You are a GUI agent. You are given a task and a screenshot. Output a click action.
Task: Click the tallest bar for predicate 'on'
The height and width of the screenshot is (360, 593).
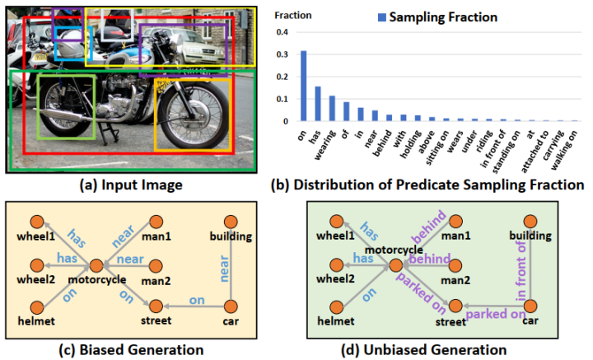click(303, 86)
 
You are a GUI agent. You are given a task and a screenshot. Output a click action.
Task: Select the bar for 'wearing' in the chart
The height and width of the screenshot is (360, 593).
click(332, 109)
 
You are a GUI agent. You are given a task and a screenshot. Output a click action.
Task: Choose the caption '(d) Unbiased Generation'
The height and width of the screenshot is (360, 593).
click(444, 350)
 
